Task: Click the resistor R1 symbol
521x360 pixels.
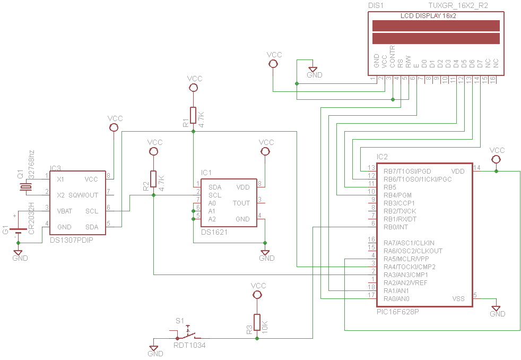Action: pyautogui.click(x=193, y=115)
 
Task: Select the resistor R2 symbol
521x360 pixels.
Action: pyautogui.click(x=153, y=179)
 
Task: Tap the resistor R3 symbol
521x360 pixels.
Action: pyautogui.click(x=257, y=322)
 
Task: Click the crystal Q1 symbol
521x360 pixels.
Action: pyautogui.click(x=25, y=187)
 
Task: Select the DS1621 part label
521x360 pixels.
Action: pyautogui.click(x=214, y=232)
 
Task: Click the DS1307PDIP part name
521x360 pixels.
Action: pyautogui.click(x=72, y=240)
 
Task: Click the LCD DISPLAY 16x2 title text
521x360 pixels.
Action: pyautogui.click(x=428, y=15)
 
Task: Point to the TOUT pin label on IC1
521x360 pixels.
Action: pyautogui.click(x=241, y=203)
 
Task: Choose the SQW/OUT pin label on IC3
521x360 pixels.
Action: pyautogui.click(x=83, y=195)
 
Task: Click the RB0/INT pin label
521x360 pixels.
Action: pyautogui.click(x=396, y=227)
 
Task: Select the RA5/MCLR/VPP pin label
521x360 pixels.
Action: pyautogui.click(x=406, y=259)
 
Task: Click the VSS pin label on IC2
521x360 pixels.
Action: pyautogui.click(x=458, y=298)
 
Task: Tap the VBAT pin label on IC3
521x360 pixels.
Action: pyautogui.click(x=64, y=211)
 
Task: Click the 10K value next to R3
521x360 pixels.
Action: pyautogui.click(x=265, y=327)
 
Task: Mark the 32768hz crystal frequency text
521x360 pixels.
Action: pyautogui.click(x=31, y=164)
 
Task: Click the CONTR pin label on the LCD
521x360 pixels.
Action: pyautogui.click(x=392, y=56)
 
